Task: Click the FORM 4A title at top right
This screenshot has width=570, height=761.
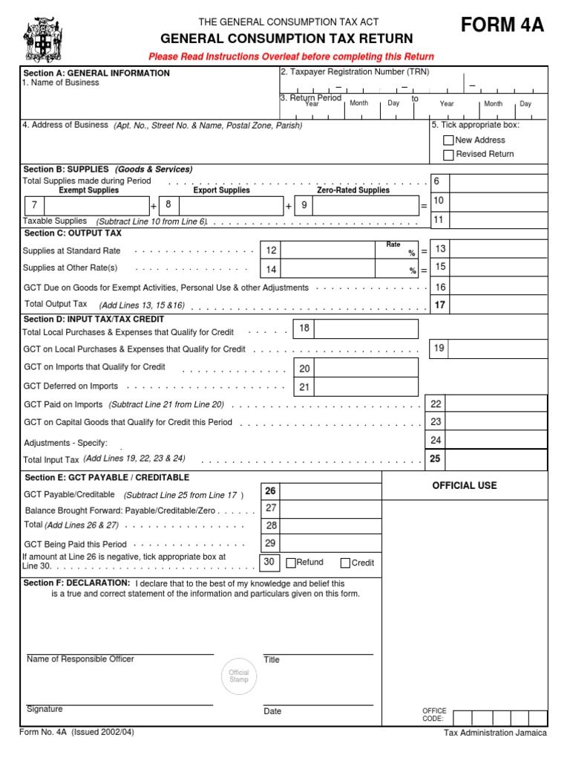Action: click(x=502, y=26)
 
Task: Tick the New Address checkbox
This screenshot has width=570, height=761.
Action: click(x=448, y=140)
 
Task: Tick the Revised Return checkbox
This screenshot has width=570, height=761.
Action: click(x=448, y=155)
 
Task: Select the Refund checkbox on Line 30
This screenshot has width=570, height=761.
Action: click(x=290, y=563)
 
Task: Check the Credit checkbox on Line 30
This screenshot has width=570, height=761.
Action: click(x=345, y=563)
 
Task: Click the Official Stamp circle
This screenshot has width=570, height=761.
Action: click(x=239, y=676)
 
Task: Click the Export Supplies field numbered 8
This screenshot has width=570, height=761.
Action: click(x=230, y=205)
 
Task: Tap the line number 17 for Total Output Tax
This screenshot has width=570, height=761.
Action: click(x=440, y=305)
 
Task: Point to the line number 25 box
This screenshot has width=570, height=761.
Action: click(x=436, y=459)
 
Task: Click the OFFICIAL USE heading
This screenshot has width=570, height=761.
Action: click(x=464, y=486)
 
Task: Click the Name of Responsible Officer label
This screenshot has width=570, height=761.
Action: click(x=80, y=659)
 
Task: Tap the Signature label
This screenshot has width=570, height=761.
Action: click(x=45, y=709)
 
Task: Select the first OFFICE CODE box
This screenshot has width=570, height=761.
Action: click(x=462, y=718)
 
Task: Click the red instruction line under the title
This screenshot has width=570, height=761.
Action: click(x=291, y=56)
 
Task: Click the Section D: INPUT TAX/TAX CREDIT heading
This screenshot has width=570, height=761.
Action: click(x=94, y=320)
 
